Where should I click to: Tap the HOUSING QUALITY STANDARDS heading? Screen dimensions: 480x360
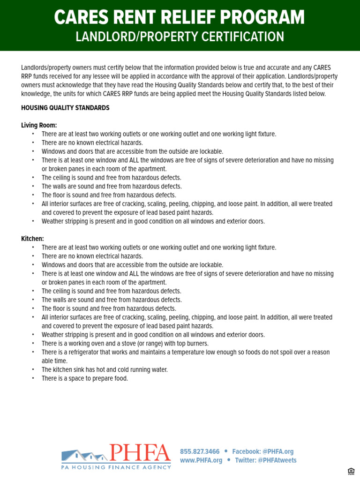tap(65, 108)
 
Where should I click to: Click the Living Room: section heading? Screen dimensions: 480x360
tap(39, 125)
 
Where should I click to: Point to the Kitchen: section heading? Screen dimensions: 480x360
tap(32, 239)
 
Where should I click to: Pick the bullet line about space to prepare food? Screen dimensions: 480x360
tap(84, 378)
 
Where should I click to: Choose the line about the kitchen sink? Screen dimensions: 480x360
tap(105, 369)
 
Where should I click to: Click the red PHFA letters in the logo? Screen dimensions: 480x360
tap(140, 453)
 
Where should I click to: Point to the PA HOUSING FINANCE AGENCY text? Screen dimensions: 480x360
tap(116, 467)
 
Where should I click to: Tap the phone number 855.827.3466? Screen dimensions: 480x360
tap(200, 451)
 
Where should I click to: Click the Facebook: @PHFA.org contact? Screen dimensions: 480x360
tap(262, 451)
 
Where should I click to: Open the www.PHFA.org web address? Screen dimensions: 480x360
tap(201, 460)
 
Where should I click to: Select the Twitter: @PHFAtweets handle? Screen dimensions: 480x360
tap(265, 460)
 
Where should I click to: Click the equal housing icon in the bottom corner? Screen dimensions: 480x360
tap(351, 472)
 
